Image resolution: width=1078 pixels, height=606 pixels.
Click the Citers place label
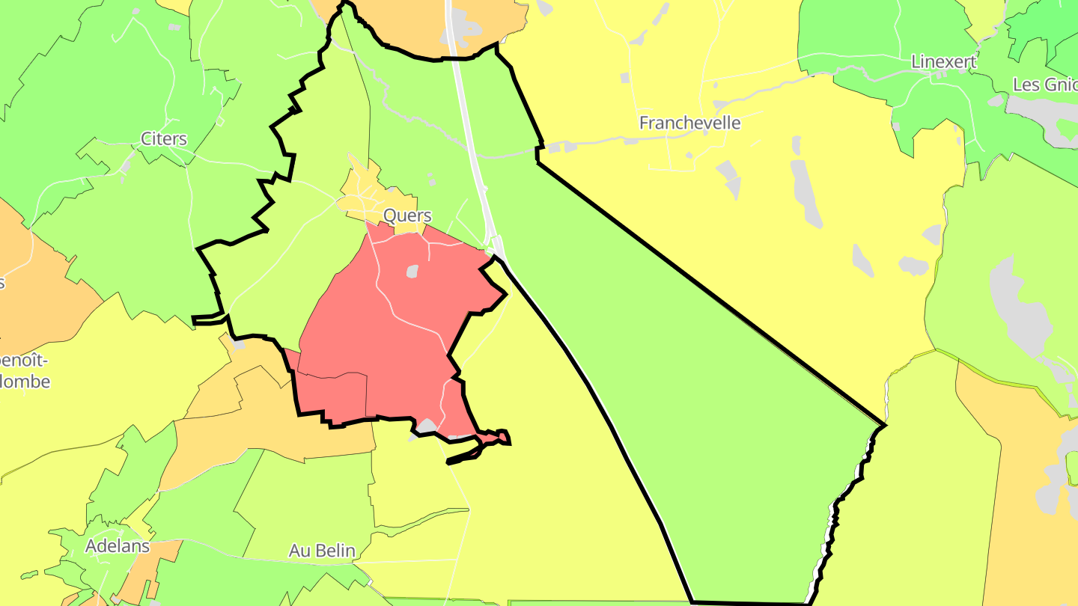(x=164, y=139)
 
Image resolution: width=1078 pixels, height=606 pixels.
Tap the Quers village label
(x=407, y=215)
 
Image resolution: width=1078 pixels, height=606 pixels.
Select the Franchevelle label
(x=689, y=123)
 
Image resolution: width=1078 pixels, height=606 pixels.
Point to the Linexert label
(x=944, y=61)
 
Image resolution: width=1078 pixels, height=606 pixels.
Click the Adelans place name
(x=118, y=546)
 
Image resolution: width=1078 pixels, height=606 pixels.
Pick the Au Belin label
(x=322, y=551)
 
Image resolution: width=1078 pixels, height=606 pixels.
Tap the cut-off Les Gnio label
(x=1045, y=85)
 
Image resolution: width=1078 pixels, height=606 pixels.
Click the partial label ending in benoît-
(x=25, y=361)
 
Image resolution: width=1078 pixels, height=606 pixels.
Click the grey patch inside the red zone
(x=412, y=272)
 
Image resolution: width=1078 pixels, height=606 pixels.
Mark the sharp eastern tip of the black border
(x=884, y=426)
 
